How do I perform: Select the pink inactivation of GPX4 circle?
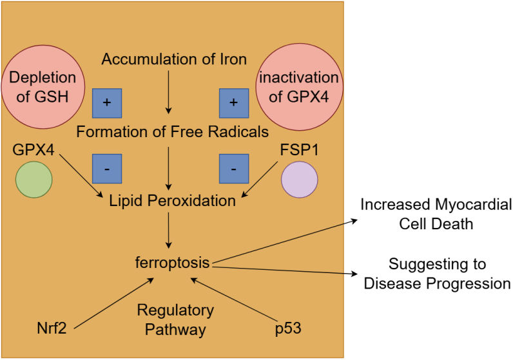click(298, 86)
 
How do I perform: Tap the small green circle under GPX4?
click(34, 179)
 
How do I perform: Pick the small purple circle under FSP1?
click(300, 179)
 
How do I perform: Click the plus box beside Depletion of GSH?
click(107, 102)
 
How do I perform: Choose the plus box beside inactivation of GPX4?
click(233, 102)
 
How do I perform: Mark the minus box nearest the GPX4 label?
click(107, 169)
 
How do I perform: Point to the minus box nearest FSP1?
click(233, 169)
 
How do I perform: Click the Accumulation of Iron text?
click(174, 60)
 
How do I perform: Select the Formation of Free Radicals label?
click(172, 133)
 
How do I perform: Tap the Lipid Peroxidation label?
click(171, 201)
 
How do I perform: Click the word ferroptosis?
click(173, 263)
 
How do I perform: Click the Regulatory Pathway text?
click(175, 320)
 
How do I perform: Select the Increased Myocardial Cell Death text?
click(436, 214)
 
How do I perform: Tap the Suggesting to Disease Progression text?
click(437, 274)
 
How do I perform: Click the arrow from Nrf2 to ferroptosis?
click(115, 304)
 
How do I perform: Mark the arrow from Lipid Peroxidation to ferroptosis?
click(169, 231)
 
